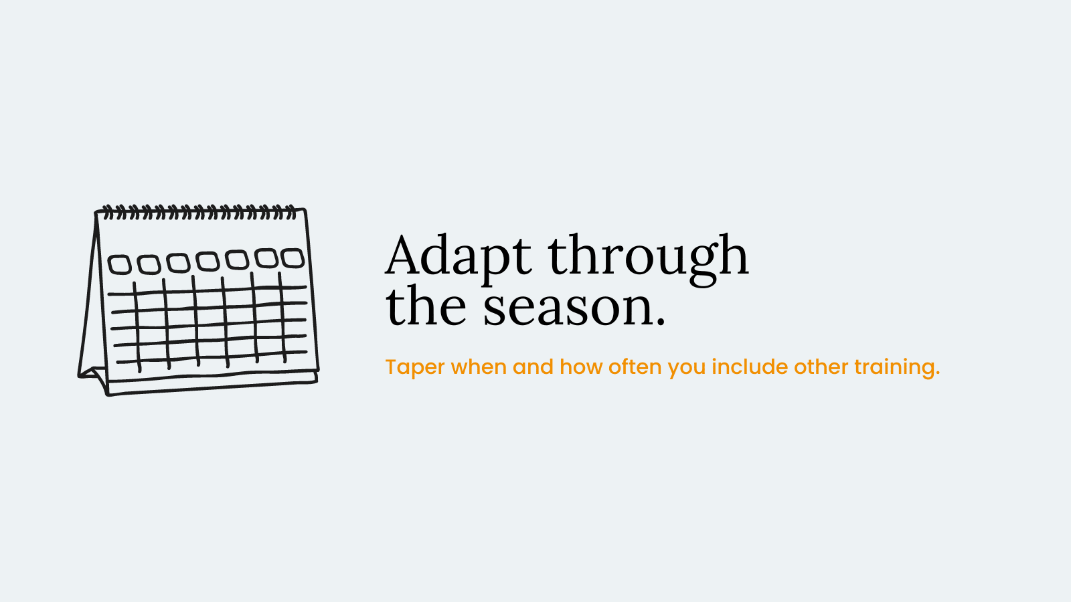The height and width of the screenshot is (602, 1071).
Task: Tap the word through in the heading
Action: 649,258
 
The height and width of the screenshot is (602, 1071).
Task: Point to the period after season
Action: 661,322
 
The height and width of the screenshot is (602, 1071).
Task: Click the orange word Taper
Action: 414,367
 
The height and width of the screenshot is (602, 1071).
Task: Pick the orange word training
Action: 897,367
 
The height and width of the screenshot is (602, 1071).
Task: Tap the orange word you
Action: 687,369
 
